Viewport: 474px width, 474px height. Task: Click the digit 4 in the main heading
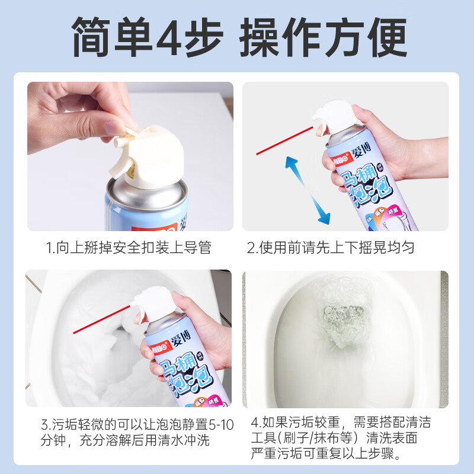coord(171,37)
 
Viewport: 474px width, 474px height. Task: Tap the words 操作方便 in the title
coord(323,37)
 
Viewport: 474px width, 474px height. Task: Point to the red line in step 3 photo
coord(101,321)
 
